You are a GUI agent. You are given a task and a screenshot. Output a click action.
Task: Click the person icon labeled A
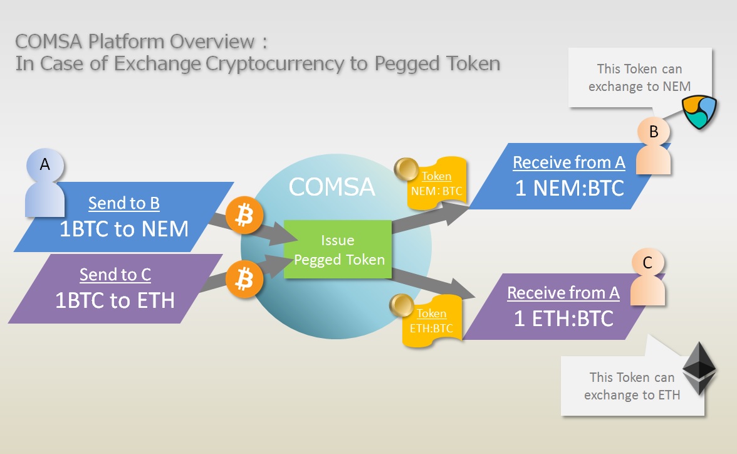click(45, 184)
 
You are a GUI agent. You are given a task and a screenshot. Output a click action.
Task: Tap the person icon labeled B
click(653, 146)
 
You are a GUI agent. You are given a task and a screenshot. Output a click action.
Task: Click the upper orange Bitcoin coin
click(244, 216)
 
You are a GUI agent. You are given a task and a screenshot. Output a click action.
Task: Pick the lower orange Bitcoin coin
click(244, 280)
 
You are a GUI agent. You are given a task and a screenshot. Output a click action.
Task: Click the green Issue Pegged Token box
click(338, 250)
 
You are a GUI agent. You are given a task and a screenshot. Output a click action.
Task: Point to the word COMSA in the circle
click(332, 187)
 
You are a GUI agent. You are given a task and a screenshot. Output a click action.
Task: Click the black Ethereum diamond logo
click(699, 368)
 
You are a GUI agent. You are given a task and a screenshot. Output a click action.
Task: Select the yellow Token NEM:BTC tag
click(437, 184)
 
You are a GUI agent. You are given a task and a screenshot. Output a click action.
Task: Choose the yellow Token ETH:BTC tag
click(432, 321)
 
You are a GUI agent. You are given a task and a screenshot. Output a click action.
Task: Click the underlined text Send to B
click(124, 203)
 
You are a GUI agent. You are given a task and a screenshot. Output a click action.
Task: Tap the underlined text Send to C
click(115, 275)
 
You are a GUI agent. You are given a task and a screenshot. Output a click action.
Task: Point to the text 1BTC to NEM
click(124, 229)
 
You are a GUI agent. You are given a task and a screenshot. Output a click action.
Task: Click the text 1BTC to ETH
click(115, 300)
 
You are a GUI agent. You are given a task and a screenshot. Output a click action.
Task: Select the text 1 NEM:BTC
click(570, 188)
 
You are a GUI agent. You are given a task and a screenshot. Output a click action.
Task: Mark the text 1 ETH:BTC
click(563, 319)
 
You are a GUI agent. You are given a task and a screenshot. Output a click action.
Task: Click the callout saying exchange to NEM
click(640, 78)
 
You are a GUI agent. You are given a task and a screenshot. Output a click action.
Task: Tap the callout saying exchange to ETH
click(633, 386)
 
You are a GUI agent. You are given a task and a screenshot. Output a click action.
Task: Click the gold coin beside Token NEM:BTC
click(406, 169)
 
